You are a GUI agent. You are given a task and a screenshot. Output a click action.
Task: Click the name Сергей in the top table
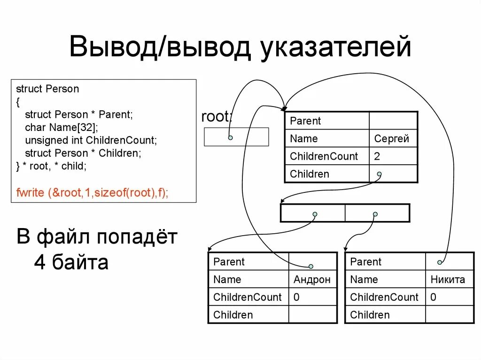[391, 139]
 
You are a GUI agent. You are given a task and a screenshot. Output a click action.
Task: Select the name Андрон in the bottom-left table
[312, 280]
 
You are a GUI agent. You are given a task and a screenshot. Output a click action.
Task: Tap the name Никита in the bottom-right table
[448, 280]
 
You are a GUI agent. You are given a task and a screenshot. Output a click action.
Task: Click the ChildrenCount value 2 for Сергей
[377, 156]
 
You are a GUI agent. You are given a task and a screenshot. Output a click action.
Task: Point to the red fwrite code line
[92, 192]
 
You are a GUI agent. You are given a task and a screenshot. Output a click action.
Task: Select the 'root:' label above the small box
[217, 116]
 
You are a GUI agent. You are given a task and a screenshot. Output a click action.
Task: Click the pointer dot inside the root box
[230, 138]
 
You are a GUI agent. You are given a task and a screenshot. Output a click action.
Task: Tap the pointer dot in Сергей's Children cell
[379, 174]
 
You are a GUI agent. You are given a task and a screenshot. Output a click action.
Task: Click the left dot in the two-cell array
[315, 214]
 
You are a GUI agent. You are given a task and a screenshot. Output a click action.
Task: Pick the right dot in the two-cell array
[375, 214]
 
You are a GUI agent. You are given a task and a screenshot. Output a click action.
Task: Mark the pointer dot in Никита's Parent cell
[440, 262]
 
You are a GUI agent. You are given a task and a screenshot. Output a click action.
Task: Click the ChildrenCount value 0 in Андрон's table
[297, 297]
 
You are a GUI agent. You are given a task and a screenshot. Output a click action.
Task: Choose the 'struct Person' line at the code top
[47, 89]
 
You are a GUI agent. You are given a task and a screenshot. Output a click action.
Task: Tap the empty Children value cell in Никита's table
[450, 314]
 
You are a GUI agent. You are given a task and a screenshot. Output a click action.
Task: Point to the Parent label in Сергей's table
[305, 121]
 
